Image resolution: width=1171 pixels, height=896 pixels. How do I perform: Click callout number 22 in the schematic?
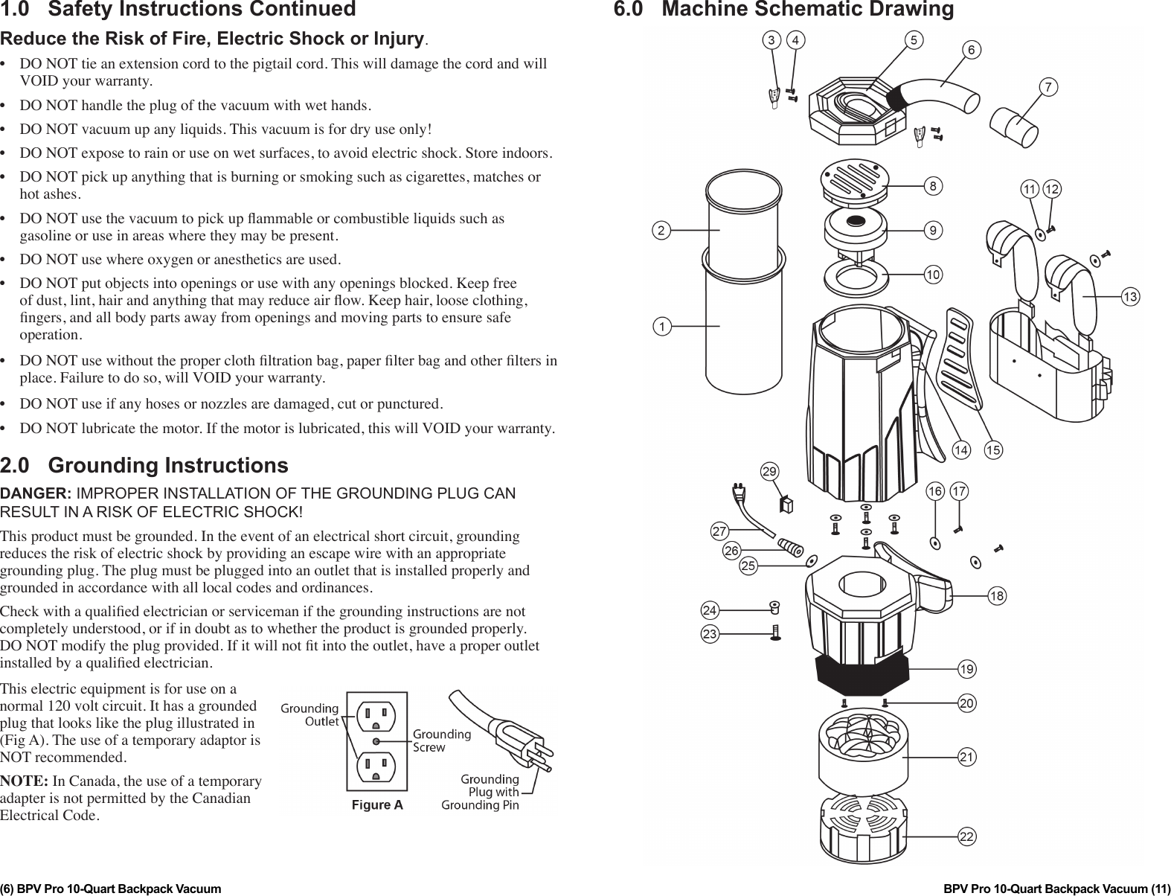click(966, 837)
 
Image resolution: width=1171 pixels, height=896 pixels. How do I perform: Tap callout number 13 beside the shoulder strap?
click(1130, 297)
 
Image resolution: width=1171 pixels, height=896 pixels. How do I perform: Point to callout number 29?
click(769, 472)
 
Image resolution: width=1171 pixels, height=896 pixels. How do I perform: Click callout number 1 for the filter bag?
click(659, 326)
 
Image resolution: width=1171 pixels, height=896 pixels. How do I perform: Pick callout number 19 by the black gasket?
click(966, 670)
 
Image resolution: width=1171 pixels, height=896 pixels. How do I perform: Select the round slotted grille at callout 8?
click(855, 179)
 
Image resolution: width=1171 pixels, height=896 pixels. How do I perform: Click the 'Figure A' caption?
click(377, 805)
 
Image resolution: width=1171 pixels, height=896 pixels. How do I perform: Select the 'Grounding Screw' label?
click(442, 740)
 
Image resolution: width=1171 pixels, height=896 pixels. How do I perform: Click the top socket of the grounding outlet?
click(376, 718)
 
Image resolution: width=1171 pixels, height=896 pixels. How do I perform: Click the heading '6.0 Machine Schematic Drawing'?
click(783, 10)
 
